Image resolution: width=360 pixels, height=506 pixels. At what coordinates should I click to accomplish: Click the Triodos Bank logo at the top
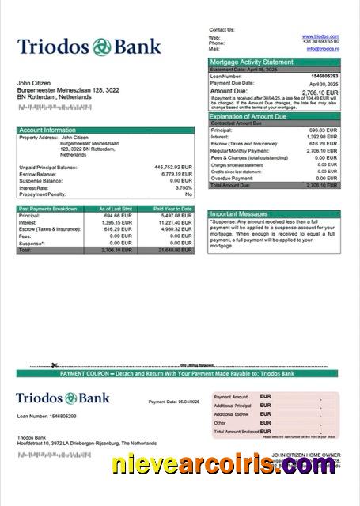point(89,47)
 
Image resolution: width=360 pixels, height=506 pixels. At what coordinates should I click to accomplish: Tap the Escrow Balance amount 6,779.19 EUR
point(176,174)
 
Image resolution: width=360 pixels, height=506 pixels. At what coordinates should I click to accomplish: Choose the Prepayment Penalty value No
point(188,194)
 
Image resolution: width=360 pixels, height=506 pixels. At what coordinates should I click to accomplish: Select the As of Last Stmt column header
point(115,209)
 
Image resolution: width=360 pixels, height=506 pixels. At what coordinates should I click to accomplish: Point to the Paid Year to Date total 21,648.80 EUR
point(175,250)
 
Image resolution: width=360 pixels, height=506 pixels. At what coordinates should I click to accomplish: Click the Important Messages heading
point(241,213)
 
